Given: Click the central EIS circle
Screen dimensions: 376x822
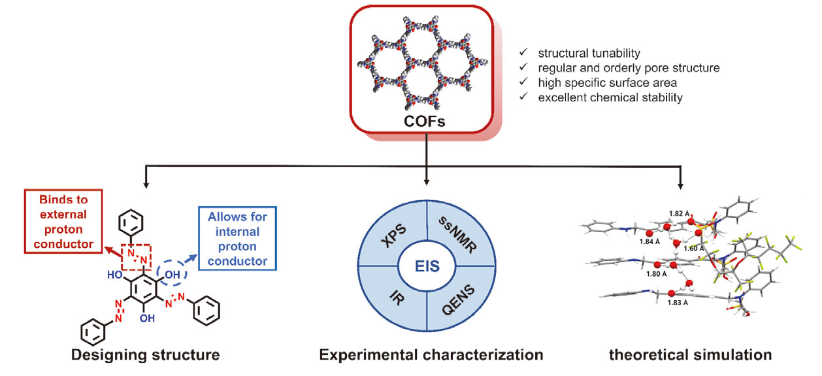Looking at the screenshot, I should point(427,273).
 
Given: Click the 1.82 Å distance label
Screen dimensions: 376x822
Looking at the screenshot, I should point(679,214).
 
